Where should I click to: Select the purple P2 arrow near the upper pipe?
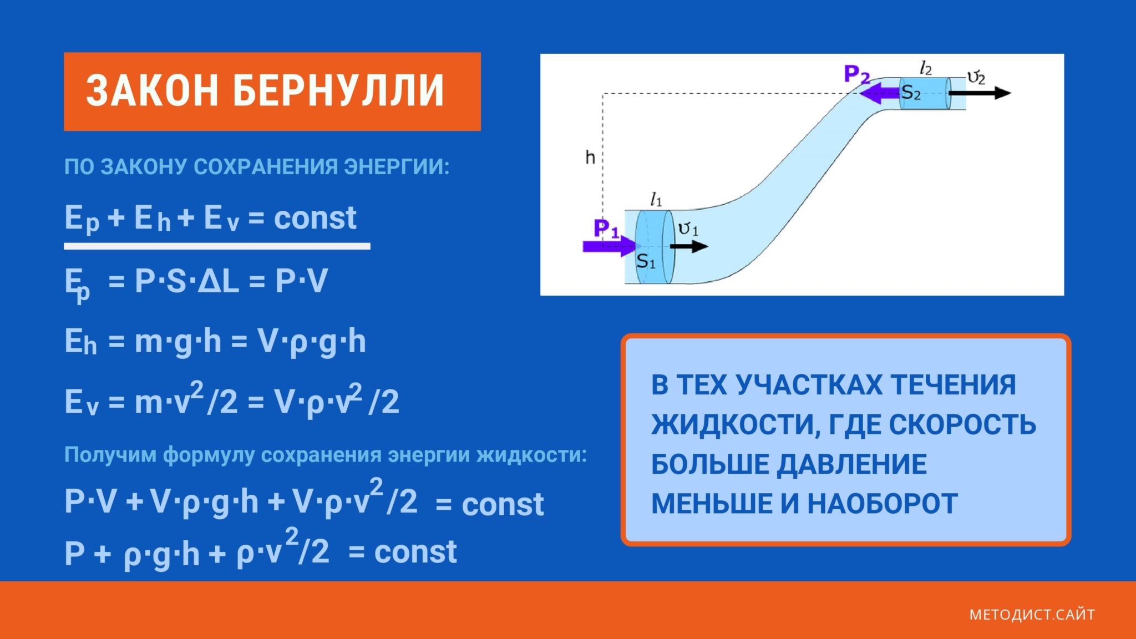880,93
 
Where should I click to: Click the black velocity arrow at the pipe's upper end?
980,93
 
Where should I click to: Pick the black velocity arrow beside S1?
689,246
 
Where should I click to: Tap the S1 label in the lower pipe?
646,261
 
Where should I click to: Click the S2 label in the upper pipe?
911,92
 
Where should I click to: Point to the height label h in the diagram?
590,158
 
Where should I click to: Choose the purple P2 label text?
856,74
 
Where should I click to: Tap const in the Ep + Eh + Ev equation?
315,217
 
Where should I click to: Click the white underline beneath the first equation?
217,246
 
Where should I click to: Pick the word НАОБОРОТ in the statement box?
883,504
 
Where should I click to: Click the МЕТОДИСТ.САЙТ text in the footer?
1032,615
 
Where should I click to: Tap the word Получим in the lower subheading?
110,455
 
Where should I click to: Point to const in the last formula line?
415,552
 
